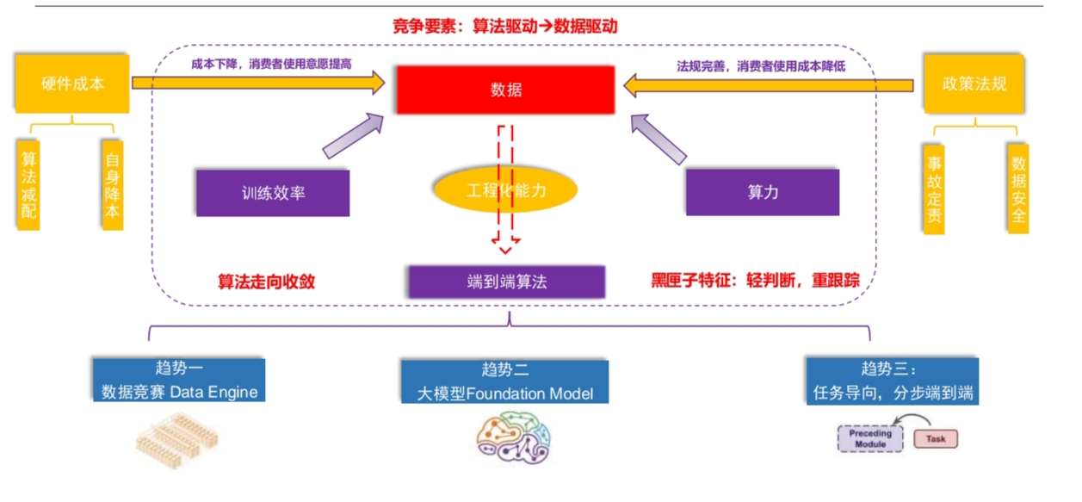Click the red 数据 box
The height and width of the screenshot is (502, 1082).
[505, 90]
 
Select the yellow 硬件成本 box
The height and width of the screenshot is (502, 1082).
[72, 84]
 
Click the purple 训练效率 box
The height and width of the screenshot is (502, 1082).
[273, 192]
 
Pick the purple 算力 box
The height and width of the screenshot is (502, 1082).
[762, 191]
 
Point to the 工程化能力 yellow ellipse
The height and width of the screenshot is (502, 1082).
[505, 190]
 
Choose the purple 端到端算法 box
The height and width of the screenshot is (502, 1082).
[506, 282]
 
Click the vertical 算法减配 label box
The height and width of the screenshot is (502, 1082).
[29, 185]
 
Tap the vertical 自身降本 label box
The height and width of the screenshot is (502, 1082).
[112, 185]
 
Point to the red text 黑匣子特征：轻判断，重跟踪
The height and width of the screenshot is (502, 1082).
[755, 282]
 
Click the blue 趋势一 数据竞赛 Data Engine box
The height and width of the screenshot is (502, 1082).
[179, 380]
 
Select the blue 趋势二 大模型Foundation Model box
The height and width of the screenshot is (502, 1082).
[505, 381]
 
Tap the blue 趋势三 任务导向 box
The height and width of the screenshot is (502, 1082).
[893, 380]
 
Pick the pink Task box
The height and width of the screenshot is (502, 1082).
[935, 439]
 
